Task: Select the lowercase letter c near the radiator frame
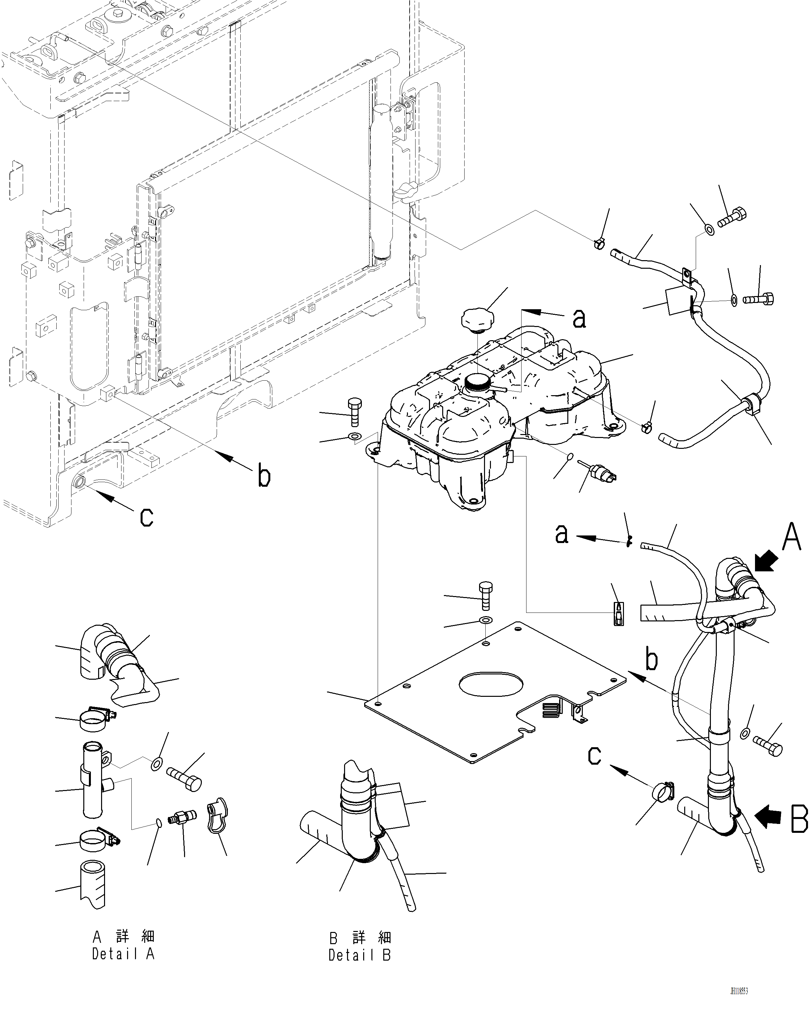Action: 147,517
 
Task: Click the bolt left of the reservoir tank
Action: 355,411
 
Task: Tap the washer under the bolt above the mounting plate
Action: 486,621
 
